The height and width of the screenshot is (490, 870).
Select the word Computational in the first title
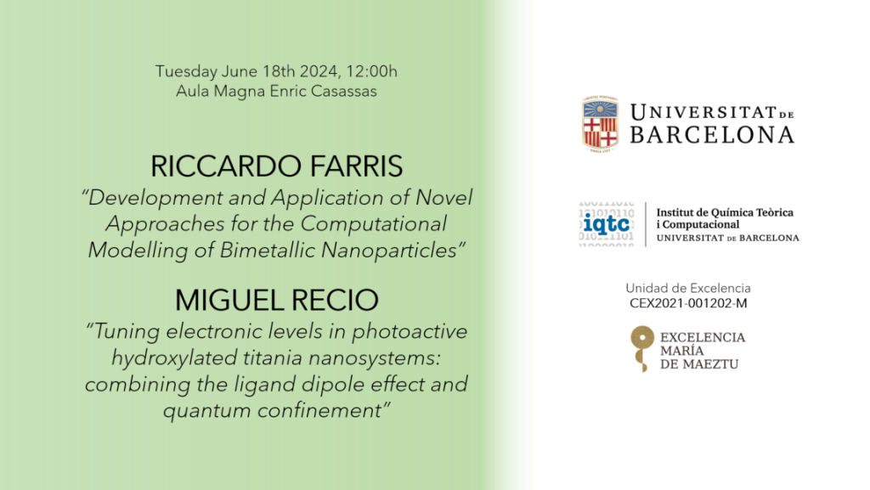tap(374, 224)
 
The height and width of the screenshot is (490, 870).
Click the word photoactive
tap(410, 331)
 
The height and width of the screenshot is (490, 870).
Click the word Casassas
tap(343, 92)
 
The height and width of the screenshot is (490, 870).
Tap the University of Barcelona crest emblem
tap(600, 124)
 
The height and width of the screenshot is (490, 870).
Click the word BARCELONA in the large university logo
tap(712, 135)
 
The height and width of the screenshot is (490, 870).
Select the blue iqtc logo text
tap(607, 224)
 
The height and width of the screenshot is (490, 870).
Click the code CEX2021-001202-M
tap(688, 303)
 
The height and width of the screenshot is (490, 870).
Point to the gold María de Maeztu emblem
tap(642, 348)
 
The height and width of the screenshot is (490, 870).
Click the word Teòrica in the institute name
tap(772, 212)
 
